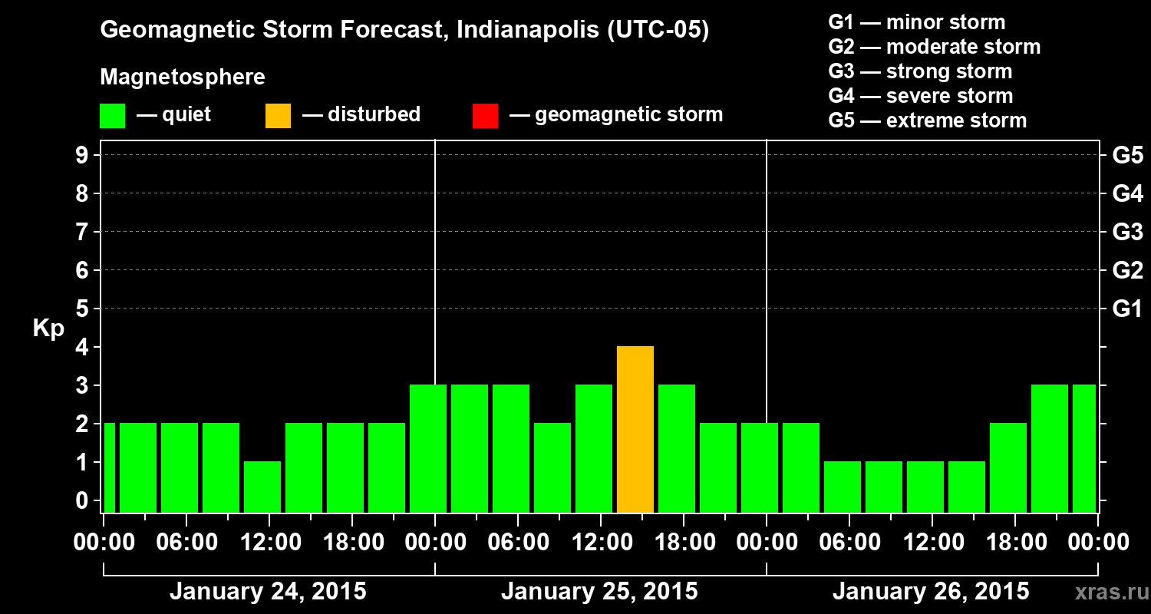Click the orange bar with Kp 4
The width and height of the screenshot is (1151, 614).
click(x=635, y=429)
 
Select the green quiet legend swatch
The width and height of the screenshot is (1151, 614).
click(x=112, y=115)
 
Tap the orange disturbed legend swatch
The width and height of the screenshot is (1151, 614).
click(x=278, y=115)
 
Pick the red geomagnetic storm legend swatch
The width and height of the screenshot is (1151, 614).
click(x=485, y=115)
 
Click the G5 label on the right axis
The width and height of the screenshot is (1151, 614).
click(x=1127, y=155)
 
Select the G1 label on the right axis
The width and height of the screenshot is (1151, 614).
click(x=1127, y=309)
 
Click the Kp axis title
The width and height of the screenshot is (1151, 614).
click(x=48, y=328)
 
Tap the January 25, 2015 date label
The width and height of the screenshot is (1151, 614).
click(x=599, y=592)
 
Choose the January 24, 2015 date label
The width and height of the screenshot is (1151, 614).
click(x=268, y=592)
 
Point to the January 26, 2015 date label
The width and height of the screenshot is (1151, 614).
click(x=931, y=592)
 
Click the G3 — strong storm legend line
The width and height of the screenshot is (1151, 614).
click(x=920, y=71)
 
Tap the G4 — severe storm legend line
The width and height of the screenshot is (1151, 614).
click(x=920, y=96)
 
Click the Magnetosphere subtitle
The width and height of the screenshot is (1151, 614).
click(x=183, y=78)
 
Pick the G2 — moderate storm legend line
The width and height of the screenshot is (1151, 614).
click(x=934, y=47)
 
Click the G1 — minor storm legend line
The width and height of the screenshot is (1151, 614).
click(x=916, y=22)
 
